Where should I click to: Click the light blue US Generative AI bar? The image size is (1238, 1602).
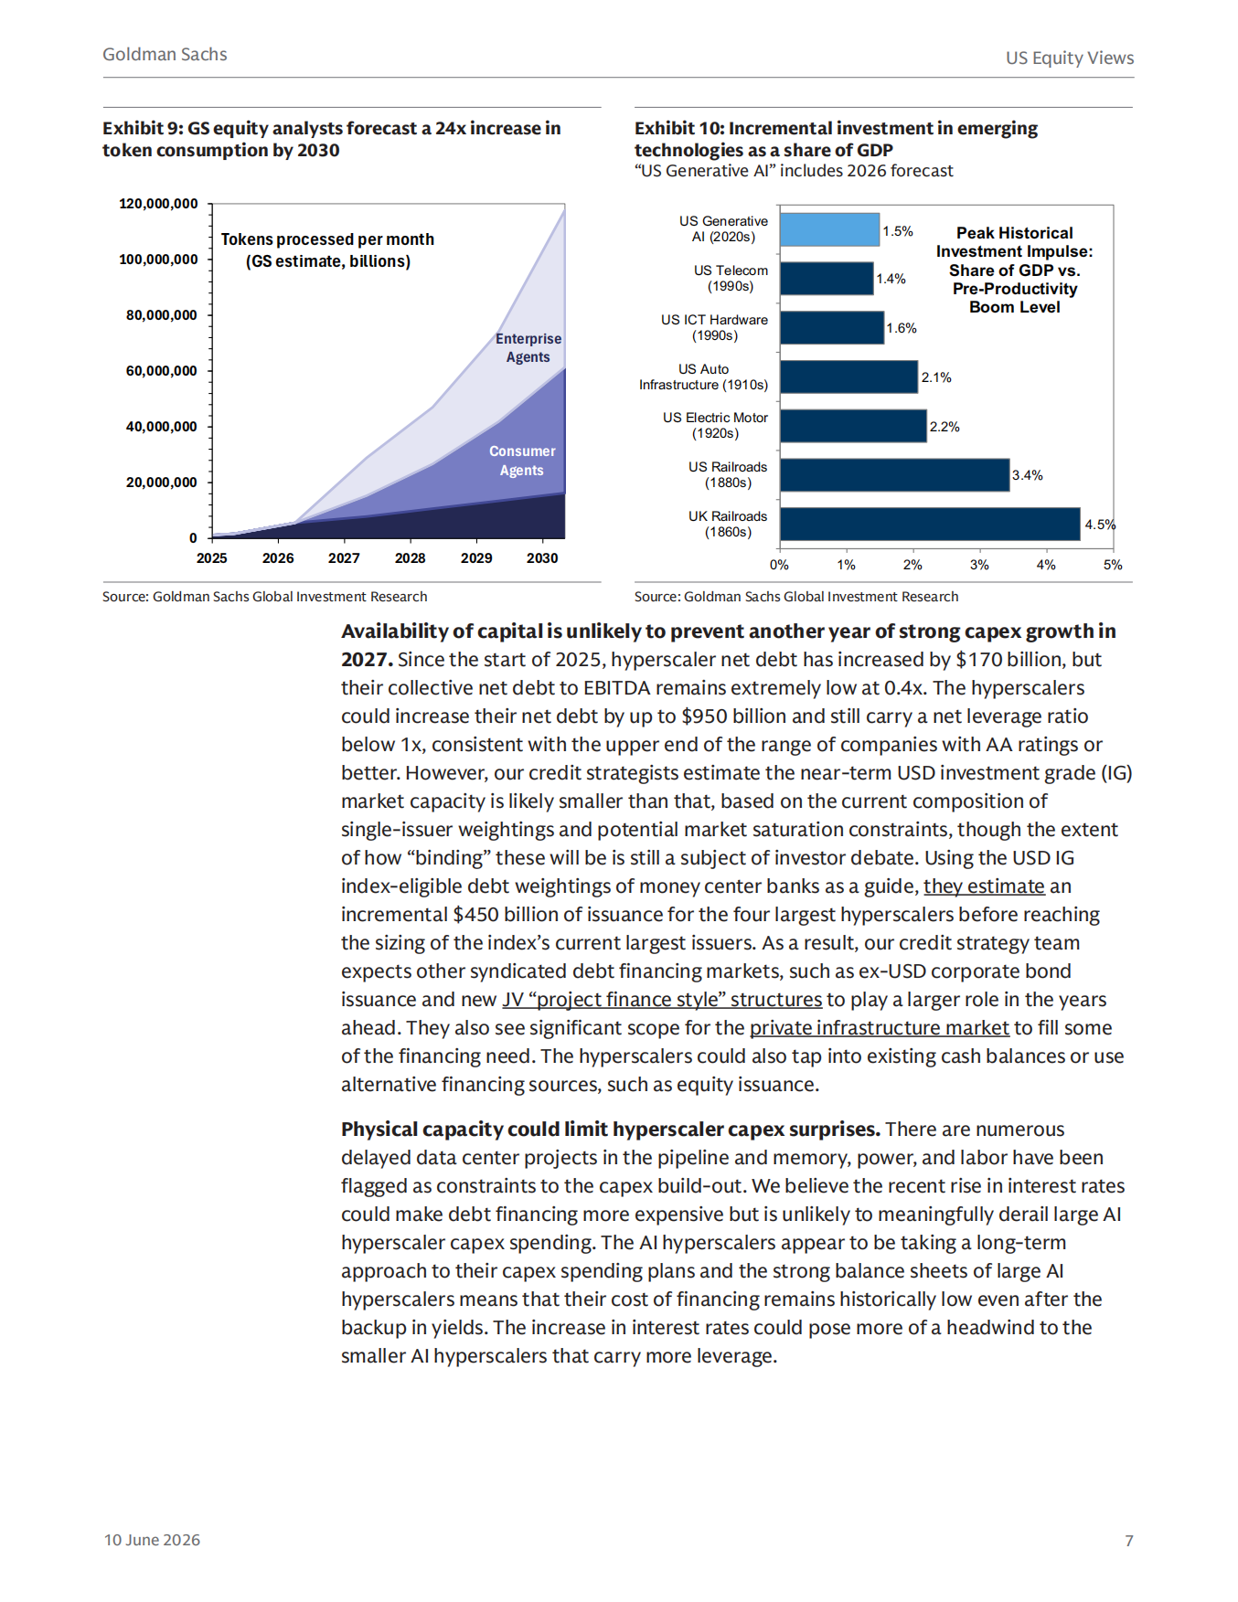[829, 229]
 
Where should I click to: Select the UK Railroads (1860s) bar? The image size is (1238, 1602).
[930, 525]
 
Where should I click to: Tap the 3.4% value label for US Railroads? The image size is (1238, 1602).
[1028, 475]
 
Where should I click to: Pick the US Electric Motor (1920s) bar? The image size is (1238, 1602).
[853, 426]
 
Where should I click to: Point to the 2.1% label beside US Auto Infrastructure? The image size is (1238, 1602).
[936, 377]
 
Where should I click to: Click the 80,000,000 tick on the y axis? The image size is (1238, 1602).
[162, 315]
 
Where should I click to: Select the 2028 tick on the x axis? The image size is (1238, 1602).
[411, 558]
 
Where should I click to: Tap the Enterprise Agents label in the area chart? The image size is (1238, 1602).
[528, 348]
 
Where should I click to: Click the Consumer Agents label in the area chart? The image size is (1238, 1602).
[522, 461]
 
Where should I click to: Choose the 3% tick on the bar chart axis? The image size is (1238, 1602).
[979, 565]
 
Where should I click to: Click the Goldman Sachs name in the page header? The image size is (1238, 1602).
[165, 54]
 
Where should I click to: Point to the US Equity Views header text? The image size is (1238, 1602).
[1070, 58]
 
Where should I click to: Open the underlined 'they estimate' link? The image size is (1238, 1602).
[984, 886]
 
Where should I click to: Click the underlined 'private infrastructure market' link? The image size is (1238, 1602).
[880, 1027]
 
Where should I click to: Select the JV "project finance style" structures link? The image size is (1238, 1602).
[662, 999]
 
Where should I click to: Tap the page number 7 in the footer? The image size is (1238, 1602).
[1129, 1541]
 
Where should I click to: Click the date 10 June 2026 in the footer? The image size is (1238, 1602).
[152, 1540]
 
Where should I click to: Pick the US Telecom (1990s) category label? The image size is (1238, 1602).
[731, 279]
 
